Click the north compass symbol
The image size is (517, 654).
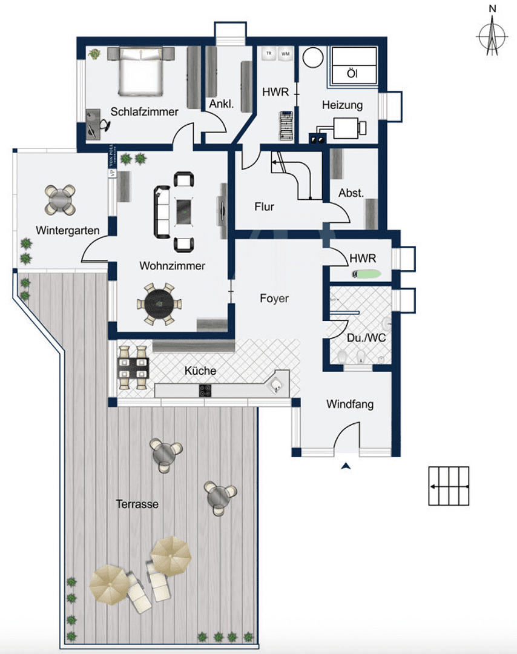point(492,36)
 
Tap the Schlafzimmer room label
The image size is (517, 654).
point(144,111)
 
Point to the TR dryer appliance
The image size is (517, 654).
point(269,54)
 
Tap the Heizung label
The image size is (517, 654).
point(342,105)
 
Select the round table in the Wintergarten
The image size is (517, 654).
point(61,199)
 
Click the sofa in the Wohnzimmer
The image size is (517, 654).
point(162,211)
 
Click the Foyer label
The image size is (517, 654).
point(274,299)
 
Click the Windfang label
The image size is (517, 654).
point(350,404)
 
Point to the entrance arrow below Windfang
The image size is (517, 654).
point(346,466)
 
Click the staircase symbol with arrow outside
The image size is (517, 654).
point(449,486)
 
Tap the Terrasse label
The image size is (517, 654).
point(137,503)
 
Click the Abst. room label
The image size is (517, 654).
point(351,193)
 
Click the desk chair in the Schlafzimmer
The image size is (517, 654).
point(104,124)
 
